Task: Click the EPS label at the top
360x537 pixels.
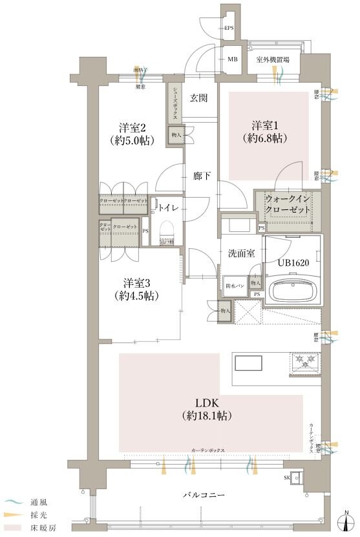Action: click(229, 28)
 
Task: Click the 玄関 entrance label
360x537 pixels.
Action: click(198, 98)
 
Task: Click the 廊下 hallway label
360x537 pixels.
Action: click(202, 175)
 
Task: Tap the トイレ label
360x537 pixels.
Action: click(169, 207)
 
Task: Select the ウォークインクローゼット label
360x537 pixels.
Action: click(288, 205)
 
